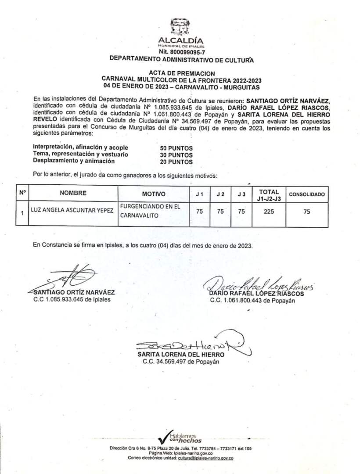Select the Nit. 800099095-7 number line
(x=181, y=51)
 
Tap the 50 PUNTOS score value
(x=176, y=148)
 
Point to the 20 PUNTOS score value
(x=176, y=162)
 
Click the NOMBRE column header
(x=73, y=193)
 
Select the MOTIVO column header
(x=154, y=194)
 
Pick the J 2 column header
(x=220, y=194)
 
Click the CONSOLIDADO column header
(x=306, y=194)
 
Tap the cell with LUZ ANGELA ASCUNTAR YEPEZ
(x=72, y=211)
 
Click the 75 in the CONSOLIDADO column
(x=306, y=212)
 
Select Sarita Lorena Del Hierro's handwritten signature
(x=193, y=343)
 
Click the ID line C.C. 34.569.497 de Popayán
(x=180, y=362)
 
